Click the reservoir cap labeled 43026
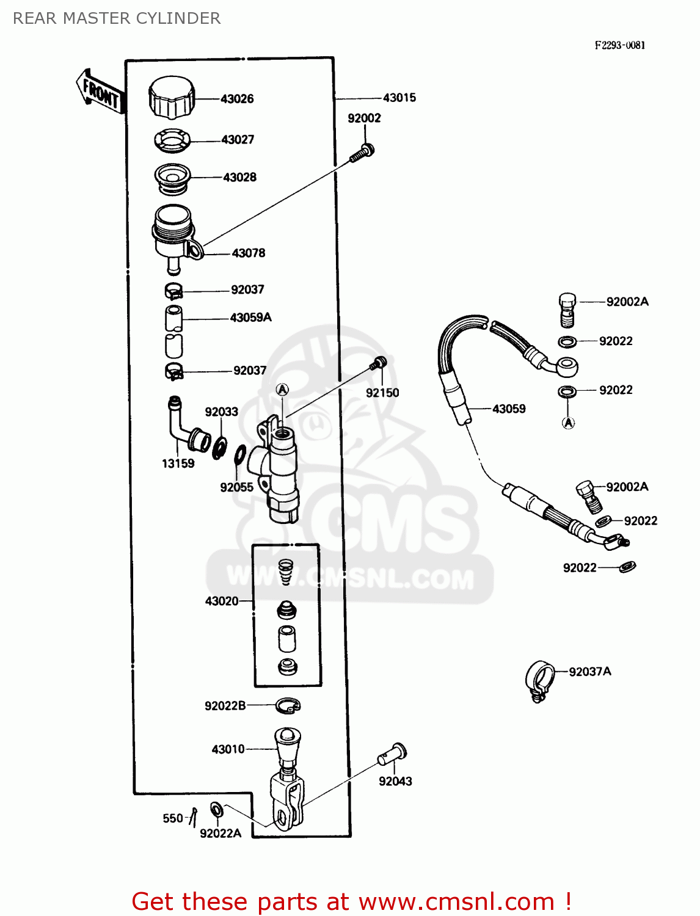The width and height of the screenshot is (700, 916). (x=171, y=98)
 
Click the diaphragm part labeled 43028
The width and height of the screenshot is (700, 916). (x=172, y=178)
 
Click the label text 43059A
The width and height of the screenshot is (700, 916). (x=250, y=318)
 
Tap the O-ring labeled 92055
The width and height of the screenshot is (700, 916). (x=240, y=455)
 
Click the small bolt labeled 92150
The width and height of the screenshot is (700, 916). (x=378, y=364)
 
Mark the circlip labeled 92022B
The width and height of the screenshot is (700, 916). (x=288, y=707)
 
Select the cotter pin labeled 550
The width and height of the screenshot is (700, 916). (x=194, y=817)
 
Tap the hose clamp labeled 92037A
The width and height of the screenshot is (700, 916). (x=539, y=680)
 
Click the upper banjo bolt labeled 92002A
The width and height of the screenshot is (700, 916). (x=567, y=308)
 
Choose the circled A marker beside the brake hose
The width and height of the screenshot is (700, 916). (x=568, y=423)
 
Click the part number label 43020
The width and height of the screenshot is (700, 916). (x=222, y=601)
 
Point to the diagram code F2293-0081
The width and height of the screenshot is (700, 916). (x=620, y=45)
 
